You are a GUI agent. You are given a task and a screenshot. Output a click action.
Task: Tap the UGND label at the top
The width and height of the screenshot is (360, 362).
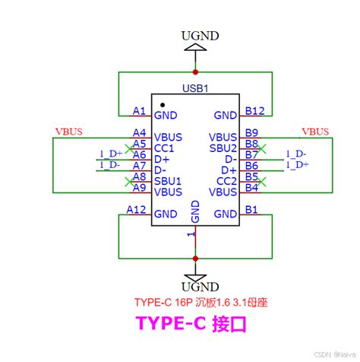195,34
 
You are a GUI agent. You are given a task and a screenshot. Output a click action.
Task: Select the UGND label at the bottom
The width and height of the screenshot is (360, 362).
195,286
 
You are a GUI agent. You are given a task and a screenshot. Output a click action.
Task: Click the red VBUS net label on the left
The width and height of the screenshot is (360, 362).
68,131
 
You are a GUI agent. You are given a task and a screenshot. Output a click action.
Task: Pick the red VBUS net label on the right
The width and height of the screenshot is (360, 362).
316,131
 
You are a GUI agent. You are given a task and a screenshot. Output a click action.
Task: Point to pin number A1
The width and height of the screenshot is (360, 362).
139,111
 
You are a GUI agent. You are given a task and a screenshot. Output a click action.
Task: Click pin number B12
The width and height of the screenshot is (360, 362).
254,111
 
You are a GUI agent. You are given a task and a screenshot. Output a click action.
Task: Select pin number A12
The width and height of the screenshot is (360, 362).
137,209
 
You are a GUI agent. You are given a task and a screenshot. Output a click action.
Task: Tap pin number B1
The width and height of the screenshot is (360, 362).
252,209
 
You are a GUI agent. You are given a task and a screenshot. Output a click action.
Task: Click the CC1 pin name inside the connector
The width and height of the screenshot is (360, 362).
164,148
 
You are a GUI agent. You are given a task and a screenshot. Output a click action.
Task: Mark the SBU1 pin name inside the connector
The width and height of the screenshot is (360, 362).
167,181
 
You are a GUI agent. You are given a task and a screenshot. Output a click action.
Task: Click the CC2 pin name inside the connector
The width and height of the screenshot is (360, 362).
226,181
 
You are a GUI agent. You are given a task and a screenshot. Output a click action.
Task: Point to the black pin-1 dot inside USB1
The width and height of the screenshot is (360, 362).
162,103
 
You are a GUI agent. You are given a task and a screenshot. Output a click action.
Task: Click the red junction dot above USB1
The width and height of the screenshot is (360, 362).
195,72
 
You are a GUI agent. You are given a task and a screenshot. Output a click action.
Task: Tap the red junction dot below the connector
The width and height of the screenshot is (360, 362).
195,259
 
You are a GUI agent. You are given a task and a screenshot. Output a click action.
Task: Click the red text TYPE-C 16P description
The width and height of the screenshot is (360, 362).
201,302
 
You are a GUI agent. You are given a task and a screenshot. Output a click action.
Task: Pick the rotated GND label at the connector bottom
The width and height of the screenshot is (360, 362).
195,211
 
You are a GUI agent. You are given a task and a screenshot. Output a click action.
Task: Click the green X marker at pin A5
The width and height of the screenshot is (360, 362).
127,142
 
